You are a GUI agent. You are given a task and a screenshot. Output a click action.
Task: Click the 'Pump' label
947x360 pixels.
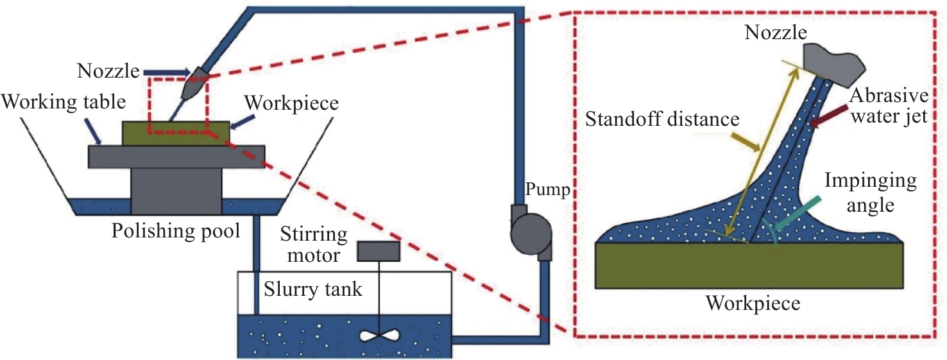pos(547,191)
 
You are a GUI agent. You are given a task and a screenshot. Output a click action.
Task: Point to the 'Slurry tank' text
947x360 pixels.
pos(313,289)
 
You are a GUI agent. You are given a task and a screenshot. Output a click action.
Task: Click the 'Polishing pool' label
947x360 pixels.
pos(176,230)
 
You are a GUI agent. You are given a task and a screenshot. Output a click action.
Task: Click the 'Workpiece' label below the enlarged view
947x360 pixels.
pos(753,302)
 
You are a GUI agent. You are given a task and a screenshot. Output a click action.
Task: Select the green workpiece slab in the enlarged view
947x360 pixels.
pos(750,266)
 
